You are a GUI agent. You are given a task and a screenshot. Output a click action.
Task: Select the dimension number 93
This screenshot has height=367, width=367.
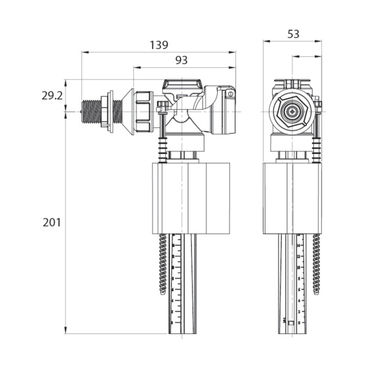pyautogui.click(x=181, y=60)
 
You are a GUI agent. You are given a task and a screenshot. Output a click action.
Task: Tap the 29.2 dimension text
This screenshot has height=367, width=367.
pyautogui.click(x=52, y=96)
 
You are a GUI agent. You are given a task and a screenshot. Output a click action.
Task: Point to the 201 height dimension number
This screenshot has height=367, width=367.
pyautogui.click(x=52, y=223)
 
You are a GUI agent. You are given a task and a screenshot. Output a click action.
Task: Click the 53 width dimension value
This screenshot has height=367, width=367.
pyautogui.click(x=293, y=34)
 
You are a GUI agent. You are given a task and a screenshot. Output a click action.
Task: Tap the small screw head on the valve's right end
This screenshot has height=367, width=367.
pyautogui.click(x=231, y=94)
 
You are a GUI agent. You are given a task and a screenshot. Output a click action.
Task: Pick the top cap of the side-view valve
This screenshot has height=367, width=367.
pyautogui.click(x=182, y=84)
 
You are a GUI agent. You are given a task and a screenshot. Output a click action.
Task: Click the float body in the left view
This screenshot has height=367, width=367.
pyautogui.click(x=188, y=198)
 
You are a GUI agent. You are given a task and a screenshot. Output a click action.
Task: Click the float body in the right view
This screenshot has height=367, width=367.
pyautogui.click(x=293, y=198)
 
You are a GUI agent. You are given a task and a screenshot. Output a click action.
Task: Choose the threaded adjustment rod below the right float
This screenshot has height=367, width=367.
pyautogui.click(x=316, y=263)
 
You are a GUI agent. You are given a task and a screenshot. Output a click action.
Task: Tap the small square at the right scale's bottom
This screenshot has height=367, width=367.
pyautogui.click(x=291, y=322)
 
